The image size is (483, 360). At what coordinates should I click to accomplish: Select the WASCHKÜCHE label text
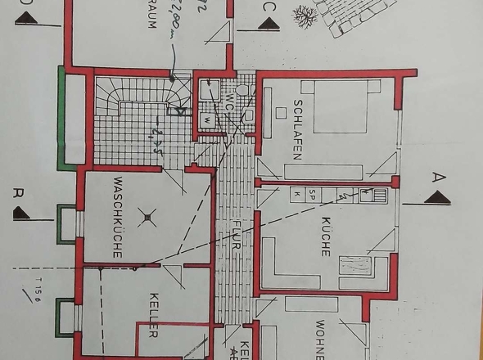point(118,216)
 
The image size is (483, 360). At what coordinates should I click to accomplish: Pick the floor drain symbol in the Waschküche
point(147,218)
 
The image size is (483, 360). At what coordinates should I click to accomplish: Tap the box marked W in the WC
point(207,119)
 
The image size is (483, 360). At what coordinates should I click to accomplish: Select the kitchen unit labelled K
point(297,194)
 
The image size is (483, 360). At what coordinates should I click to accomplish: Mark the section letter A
point(438,176)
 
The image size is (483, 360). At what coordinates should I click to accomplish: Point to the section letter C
point(269,8)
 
